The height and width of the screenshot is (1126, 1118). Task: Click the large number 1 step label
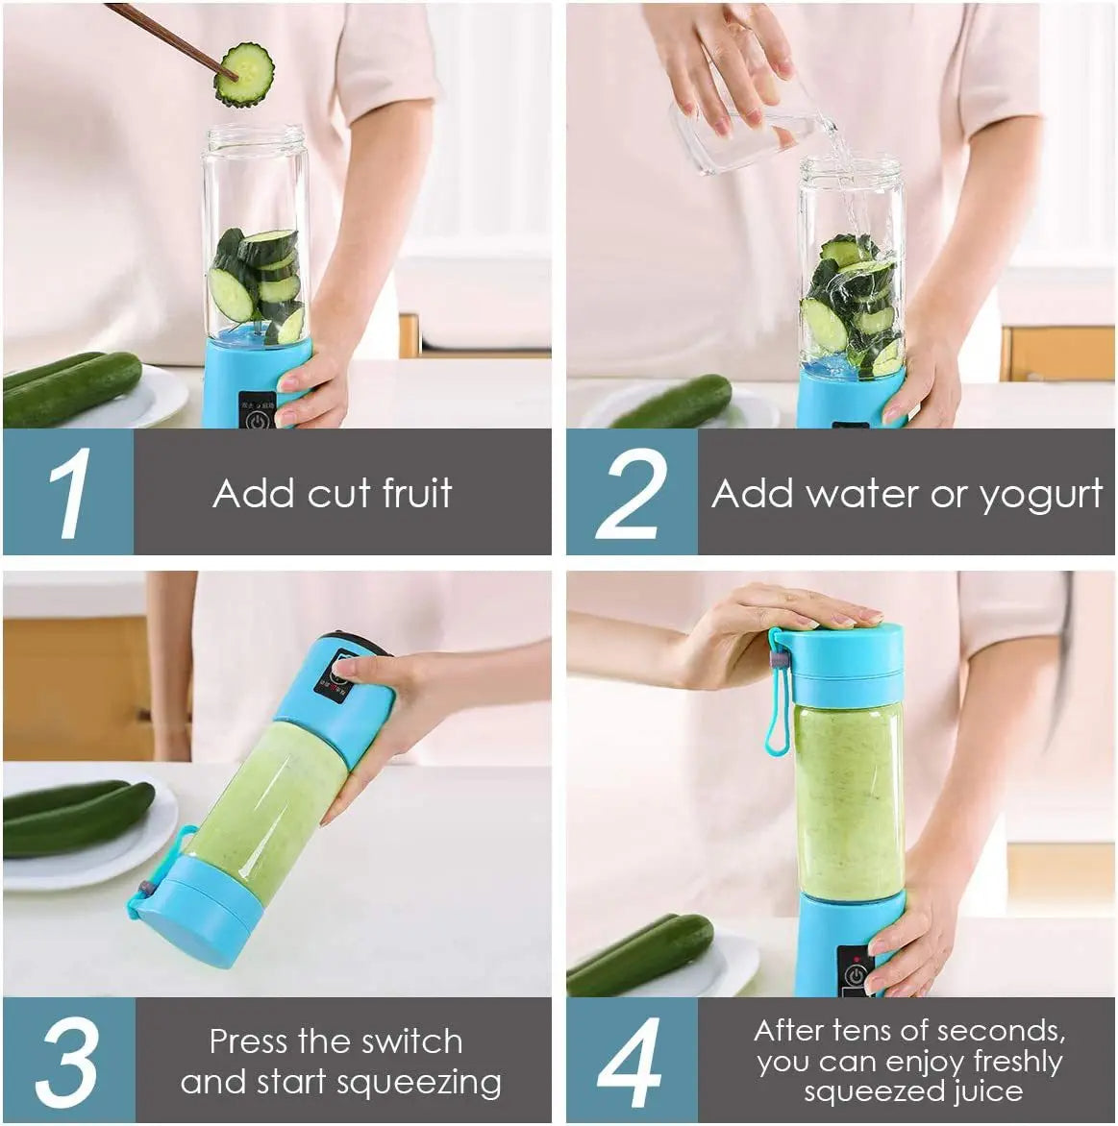pyautogui.click(x=69, y=493)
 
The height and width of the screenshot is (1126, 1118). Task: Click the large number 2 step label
pyautogui.click(x=631, y=493)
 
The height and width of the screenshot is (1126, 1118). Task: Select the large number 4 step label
pyautogui.click(x=630, y=1062)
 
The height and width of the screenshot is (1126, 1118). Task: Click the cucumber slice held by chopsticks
pyautogui.click(x=244, y=74)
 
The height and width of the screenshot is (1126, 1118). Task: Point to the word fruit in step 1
pyautogui.click(x=416, y=493)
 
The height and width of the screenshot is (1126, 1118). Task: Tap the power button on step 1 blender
pyautogui.click(x=257, y=419)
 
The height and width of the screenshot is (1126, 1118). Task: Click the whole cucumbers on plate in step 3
pyautogui.click(x=77, y=817)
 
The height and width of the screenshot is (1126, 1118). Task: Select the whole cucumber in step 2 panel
pyautogui.click(x=673, y=403)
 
